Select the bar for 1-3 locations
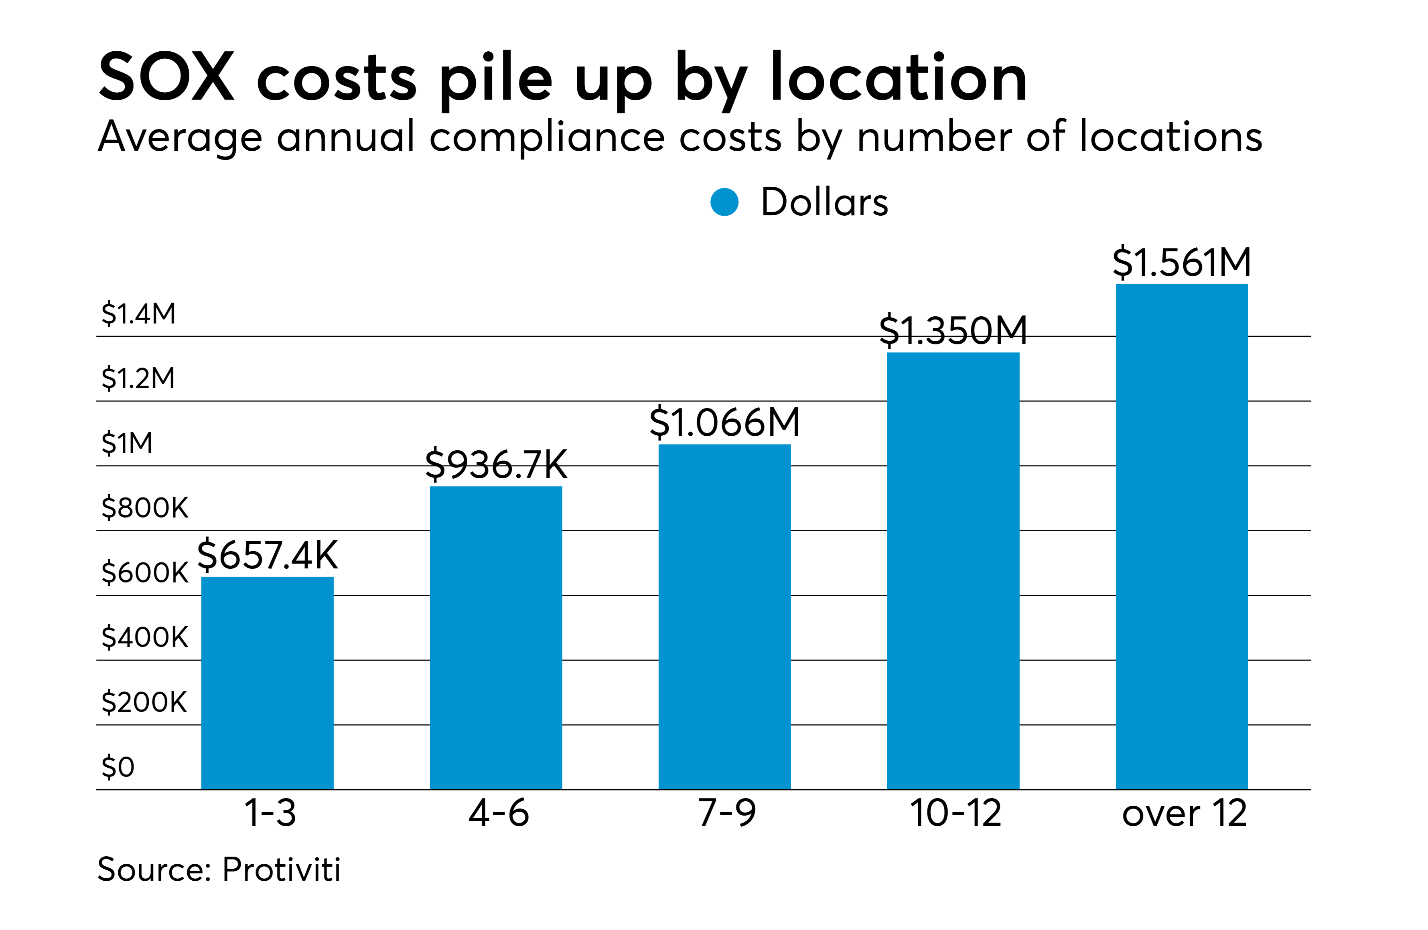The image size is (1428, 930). (x=267, y=683)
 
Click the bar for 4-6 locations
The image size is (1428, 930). (x=496, y=638)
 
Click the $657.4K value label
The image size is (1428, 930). (x=268, y=555)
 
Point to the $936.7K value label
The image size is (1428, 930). (x=496, y=464)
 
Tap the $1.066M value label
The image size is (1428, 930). (x=725, y=422)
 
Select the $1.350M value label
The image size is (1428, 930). (x=953, y=330)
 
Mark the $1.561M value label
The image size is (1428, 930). (x=1182, y=262)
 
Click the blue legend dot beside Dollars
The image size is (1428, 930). (x=724, y=202)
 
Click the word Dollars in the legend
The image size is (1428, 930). (x=824, y=202)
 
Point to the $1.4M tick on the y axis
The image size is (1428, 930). (x=139, y=313)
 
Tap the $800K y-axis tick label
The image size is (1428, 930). (x=144, y=508)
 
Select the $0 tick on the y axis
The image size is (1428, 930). (x=118, y=767)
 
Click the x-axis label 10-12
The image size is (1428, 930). (x=955, y=814)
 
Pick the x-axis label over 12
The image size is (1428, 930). (x=1185, y=814)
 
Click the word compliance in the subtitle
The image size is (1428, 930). (x=547, y=138)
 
